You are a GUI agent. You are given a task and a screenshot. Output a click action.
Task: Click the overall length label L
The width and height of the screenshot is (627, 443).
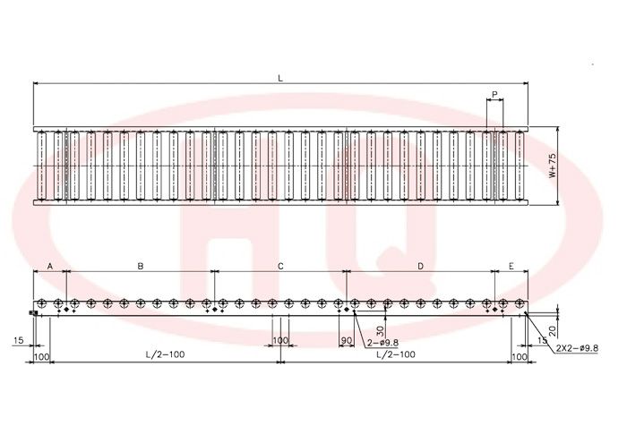tap(280, 78)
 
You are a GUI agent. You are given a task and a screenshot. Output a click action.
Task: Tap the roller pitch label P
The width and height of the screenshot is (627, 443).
tap(494, 95)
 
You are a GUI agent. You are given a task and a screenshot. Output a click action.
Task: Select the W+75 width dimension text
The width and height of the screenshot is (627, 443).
tap(553, 166)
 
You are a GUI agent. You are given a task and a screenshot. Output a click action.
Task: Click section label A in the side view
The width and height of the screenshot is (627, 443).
tap(50, 266)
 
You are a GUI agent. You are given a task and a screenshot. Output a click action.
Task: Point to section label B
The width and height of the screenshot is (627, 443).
tap(141, 266)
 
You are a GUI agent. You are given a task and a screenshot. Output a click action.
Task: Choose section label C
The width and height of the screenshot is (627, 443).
tap(280, 266)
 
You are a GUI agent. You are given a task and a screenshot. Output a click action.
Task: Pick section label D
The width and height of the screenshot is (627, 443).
tap(420, 266)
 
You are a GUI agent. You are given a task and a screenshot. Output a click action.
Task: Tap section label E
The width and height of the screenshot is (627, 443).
tap(511, 266)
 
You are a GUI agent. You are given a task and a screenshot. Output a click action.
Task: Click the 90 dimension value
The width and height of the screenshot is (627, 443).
tap(347, 340)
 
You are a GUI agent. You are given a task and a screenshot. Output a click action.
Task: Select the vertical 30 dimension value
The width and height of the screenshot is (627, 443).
tap(381, 330)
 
